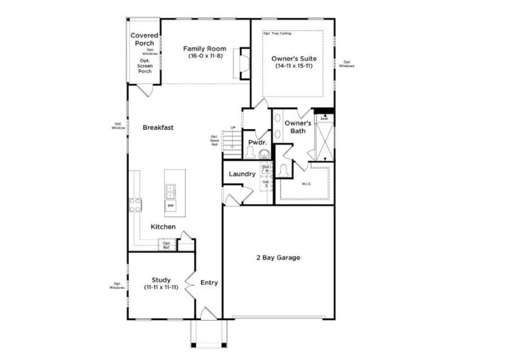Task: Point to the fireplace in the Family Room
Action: [243, 61]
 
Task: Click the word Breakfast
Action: [158, 128]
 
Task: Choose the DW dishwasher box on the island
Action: [171, 206]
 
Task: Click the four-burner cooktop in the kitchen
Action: [136, 206]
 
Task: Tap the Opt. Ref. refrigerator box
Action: [166, 246]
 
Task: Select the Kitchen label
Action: [164, 227]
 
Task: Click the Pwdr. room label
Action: [254, 142]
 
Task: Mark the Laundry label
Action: [242, 174]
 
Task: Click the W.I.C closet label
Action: [306, 184]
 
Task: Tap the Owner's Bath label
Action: [299, 127]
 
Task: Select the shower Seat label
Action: [324, 119]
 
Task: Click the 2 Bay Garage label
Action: [278, 258]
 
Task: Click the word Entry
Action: [209, 282]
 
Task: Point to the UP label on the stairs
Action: [233, 127]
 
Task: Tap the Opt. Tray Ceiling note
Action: [278, 33]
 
